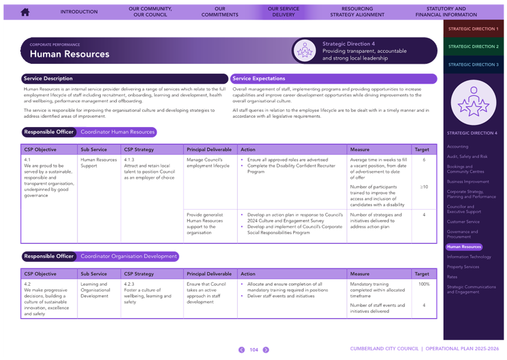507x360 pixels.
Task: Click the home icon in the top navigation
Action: point(25,12)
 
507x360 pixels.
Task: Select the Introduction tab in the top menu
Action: point(79,11)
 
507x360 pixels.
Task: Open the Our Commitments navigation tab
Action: point(220,11)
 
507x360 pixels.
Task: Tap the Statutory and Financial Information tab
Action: point(446,11)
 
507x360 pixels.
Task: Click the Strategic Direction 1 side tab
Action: point(473,29)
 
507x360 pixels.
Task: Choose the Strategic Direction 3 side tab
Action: point(473,64)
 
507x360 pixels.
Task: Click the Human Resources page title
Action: point(70,54)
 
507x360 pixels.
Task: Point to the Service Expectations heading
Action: point(258,79)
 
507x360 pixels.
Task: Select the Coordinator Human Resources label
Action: point(117,132)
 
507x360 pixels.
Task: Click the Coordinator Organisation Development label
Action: point(129,256)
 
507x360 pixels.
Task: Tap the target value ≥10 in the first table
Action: point(424,187)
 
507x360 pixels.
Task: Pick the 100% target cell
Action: point(424,284)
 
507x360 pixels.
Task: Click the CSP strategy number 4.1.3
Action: point(129,160)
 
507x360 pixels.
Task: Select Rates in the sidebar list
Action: point(452,277)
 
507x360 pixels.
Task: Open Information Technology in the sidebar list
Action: point(469,257)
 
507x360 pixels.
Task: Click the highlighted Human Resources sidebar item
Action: point(464,247)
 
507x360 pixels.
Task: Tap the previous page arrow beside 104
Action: point(242,350)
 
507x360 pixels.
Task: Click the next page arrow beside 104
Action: point(266,350)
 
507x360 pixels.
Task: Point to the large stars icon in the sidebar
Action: point(473,103)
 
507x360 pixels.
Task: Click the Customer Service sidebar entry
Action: point(463,222)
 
